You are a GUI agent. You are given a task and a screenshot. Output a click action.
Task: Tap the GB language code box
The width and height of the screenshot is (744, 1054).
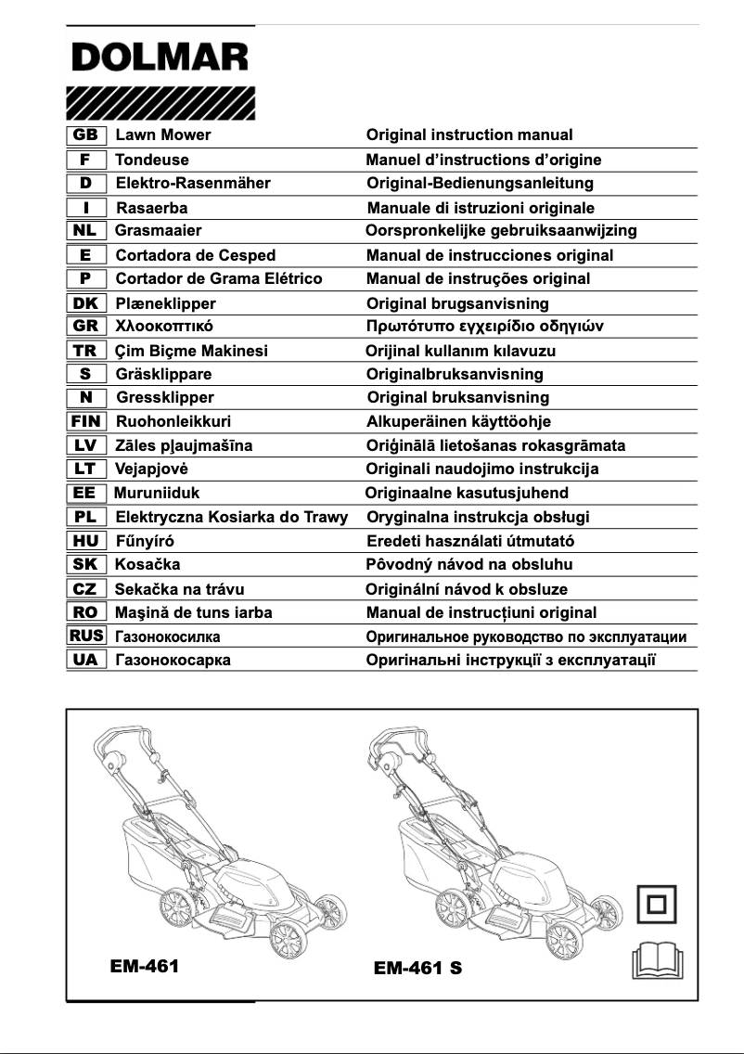pos(86,135)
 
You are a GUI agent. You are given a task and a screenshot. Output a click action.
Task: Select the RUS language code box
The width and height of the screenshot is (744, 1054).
pos(86,636)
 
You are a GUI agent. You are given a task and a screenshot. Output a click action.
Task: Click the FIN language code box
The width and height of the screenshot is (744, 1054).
pos(86,421)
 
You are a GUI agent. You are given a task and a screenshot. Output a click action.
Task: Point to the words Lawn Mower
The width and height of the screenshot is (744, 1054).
pos(162,135)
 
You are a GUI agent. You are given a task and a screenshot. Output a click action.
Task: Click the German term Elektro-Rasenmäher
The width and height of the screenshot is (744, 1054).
pos(193,184)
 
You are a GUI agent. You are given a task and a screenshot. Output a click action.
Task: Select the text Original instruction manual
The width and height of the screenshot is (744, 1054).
pos(469,135)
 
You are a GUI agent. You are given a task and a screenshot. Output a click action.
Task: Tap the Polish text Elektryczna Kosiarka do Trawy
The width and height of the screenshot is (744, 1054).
pos(231,517)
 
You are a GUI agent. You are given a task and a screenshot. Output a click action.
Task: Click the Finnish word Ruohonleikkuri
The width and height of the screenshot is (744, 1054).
pos(173,421)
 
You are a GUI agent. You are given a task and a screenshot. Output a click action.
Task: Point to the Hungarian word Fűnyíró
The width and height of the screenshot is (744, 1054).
pos(145,541)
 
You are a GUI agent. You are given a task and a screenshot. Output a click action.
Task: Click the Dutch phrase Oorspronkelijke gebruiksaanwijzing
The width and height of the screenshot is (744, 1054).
pos(501,231)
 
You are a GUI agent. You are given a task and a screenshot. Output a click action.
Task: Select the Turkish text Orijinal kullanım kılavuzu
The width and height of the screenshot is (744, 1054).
pos(474,351)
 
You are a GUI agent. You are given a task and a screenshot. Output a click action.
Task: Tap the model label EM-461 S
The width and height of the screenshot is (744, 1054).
pos(417,969)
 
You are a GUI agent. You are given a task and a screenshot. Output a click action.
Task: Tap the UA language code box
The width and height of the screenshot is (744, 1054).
pos(86,661)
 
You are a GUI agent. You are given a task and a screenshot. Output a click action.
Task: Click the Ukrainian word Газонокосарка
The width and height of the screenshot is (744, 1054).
pos(173,661)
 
